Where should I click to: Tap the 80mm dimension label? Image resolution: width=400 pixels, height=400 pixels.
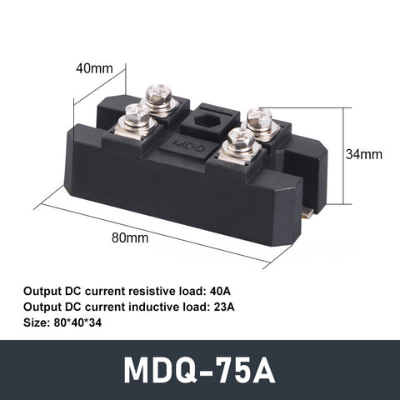(x=131, y=237)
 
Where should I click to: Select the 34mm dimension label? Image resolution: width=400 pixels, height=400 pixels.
(x=363, y=154)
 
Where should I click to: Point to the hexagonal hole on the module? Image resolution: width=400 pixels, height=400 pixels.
(x=208, y=119)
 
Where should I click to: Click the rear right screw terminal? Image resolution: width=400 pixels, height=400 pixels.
(x=261, y=118)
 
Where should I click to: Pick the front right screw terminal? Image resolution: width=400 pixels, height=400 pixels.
(x=235, y=139)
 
